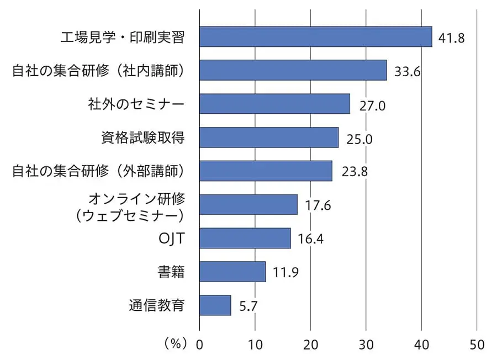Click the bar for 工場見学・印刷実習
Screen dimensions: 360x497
tap(315, 36)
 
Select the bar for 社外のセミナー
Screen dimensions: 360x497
tap(274, 104)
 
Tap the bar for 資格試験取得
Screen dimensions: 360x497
tap(269, 137)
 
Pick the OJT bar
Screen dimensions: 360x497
tap(245, 238)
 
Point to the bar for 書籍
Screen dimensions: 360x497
tap(232, 272)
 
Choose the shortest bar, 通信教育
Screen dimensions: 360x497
tap(215, 305)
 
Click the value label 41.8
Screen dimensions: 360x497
tap(451, 39)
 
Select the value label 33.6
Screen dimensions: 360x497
tap(407, 72)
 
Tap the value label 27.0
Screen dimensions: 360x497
tap(371, 106)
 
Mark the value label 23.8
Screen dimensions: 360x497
tap(354, 171)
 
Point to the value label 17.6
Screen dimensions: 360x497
tap(318, 205)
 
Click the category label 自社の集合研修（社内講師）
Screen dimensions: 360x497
tap(98, 71)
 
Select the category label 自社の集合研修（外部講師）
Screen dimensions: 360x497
tap(98, 171)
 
